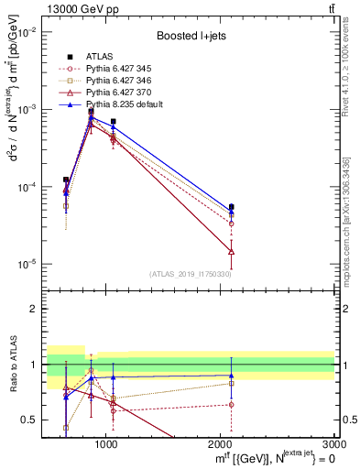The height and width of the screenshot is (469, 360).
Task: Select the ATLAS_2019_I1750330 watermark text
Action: tap(191, 274)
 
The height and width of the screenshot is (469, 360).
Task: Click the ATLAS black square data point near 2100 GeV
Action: tap(231, 207)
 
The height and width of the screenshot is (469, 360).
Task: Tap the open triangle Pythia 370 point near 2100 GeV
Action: tap(231, 251)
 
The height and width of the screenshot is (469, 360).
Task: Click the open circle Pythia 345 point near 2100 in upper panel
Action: tap(231, 223)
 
